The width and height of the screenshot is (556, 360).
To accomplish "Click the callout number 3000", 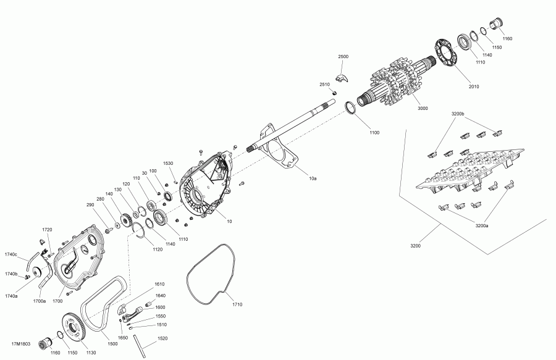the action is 423,109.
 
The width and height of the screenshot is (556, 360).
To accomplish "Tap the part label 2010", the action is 474,86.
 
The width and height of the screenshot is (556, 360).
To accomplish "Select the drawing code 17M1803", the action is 21,344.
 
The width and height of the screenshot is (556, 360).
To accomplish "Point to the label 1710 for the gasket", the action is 237,304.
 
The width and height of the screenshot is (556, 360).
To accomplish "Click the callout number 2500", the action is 343,56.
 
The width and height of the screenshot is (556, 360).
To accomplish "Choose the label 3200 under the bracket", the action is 416,246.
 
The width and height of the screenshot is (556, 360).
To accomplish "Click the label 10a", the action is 313,178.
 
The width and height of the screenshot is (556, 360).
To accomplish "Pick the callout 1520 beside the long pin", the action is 162,338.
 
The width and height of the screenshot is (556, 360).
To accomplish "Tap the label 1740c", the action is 11,254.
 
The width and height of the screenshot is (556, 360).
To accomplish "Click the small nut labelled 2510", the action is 334,93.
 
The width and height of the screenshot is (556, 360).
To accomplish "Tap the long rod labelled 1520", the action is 140,346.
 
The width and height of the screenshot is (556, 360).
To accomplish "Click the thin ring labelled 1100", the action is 351,108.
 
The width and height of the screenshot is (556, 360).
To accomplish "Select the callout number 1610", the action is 159,284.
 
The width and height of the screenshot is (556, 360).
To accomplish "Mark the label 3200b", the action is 458,114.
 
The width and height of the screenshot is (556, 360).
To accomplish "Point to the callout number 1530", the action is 168,164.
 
